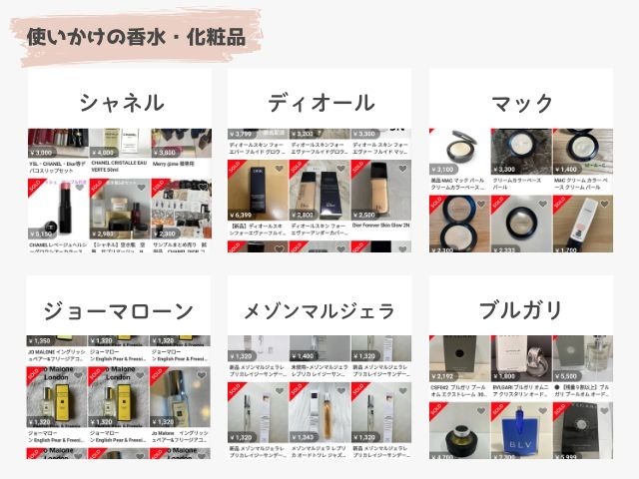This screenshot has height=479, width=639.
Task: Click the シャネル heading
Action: tap(122, 103)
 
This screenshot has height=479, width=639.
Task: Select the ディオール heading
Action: tap(320, 103)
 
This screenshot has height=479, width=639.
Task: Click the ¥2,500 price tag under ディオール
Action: tap(366, 215)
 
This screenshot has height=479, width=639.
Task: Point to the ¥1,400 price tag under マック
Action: tap(569, 170)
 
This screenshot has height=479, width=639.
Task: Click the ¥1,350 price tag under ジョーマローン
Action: tap(42, 340)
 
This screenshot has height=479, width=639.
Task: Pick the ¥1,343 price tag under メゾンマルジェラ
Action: tap(306, 437)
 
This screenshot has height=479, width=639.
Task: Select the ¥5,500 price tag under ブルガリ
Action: tap(569, 377)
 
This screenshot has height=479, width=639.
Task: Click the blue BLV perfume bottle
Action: tap(520, 432)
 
